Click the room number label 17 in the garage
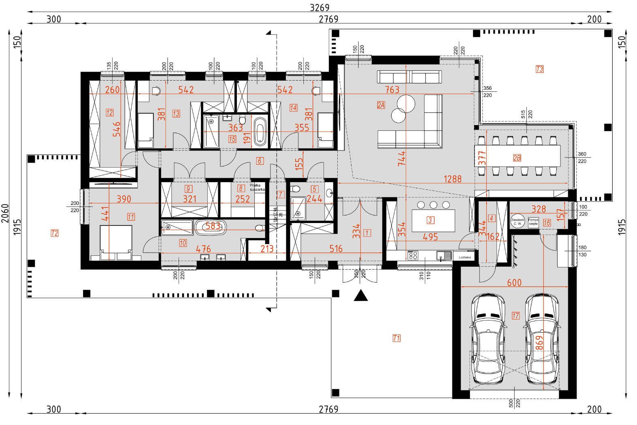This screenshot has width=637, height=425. [x=516, y=316]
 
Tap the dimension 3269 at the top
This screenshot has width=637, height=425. [x=320, y=8]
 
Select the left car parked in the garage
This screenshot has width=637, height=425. [x=488, y=339]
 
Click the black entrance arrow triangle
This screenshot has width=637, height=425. [x=360, y=296]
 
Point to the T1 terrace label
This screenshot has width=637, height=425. [x=396, y=338]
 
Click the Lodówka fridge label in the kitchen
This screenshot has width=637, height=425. [x=464, y=257]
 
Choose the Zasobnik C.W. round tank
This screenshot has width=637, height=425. [x=518, y=221]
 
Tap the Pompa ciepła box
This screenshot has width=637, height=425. [x=533, y=222]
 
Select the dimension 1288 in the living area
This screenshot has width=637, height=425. [x=452, y=179]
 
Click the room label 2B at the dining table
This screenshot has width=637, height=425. [x=517, y=158]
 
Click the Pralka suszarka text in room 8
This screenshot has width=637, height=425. [x=257, y=187]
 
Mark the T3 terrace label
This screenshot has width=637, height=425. [x=539, y=69]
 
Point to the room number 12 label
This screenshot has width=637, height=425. [x=110, y=113]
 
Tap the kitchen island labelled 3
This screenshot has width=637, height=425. [x=433, y=221]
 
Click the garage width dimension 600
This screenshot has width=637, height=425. [x=514, y=283]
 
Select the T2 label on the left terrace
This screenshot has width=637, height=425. [x=55, y=233]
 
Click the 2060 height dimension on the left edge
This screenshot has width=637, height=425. [x=5, y=213]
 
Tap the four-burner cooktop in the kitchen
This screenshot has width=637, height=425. [x=413, y=255]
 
